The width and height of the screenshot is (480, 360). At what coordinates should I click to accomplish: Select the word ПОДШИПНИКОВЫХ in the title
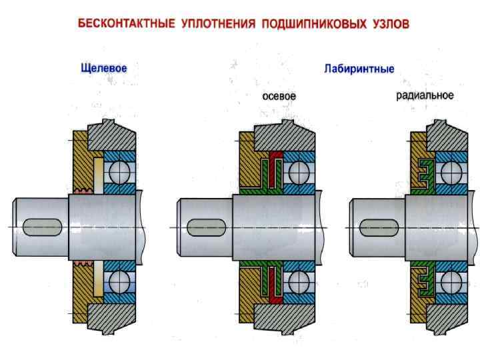[x=313, y=25]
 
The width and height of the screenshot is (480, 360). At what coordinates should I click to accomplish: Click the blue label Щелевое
[x=103, y=67]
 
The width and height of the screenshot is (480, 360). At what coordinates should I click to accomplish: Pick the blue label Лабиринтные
[x=359, y=69]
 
